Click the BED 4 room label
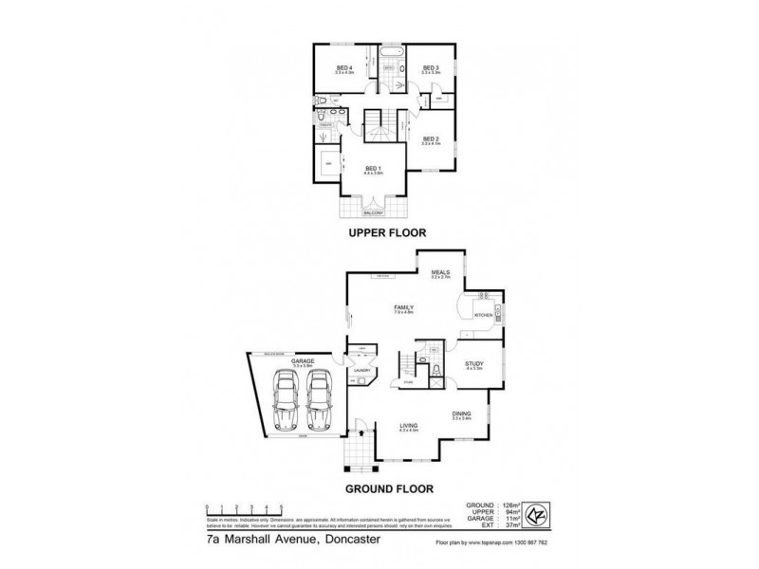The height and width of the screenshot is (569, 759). tap(344, 67)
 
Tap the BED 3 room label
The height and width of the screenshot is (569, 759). tap(431, 67)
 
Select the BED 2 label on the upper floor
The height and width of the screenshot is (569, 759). tap(430, 138)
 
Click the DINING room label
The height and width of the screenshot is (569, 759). tap(462, 413)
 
